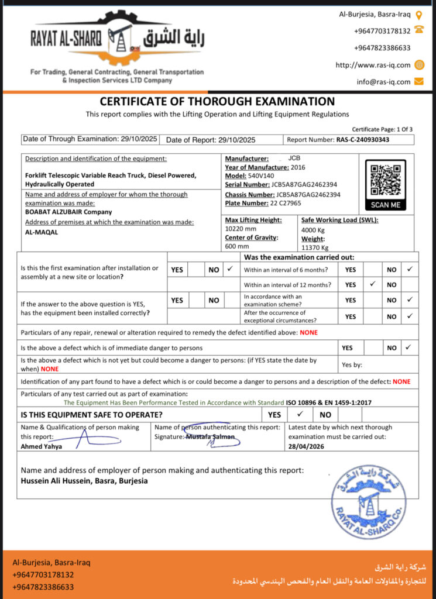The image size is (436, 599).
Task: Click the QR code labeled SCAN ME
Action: (x=385, y=180)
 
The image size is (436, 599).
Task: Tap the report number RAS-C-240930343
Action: (x=363, y=140)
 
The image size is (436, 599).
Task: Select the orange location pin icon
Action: (x=418, y=15)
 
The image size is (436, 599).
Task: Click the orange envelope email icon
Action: (x=418, y=81)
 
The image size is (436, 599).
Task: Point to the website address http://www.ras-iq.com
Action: (x=373, y=65)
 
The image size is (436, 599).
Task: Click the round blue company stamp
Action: (x=368, y=501)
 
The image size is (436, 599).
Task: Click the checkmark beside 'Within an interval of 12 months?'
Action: (x=372, y=284)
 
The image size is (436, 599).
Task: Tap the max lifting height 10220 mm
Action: (x=241, y=229)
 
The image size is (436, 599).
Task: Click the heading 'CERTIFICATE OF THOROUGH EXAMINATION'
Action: (x=217, y=102)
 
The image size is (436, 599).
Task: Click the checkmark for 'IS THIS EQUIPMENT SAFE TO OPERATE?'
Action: (x=299, y=414)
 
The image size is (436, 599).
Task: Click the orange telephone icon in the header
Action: (x=418, y=30)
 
